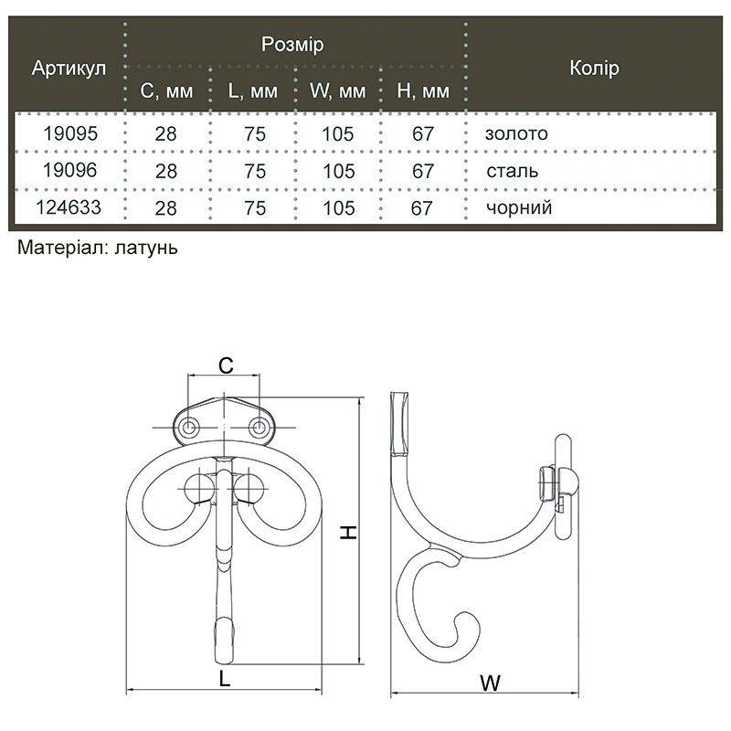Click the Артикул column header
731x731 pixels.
point(69,68)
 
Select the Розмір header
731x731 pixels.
point(292,44)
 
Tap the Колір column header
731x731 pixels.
point(595,68)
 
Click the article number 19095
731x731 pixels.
point(70,133)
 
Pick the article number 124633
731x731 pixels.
point(69,207)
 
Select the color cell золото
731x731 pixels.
point(516,133)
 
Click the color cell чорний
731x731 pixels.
point(519,207)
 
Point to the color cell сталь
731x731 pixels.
point(513,171)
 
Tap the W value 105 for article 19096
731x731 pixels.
point(339,171)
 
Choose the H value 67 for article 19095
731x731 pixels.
point(423,133)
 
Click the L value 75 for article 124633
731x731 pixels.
point(255,208)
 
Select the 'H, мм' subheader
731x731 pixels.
point(423,91)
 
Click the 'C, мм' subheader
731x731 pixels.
point(166,91)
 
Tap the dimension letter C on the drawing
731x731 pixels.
point(226,366)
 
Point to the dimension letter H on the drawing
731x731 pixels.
point(348,532)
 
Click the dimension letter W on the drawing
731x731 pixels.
point(491,683)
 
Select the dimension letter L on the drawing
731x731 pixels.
point(225,679)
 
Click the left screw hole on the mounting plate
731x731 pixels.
point(190,427)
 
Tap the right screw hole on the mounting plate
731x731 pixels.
point(258,427)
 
